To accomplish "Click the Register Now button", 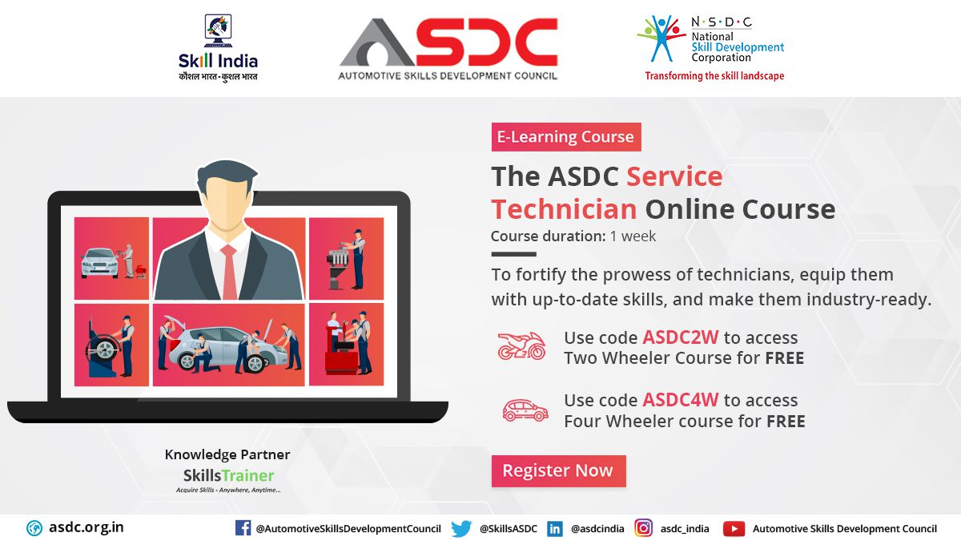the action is click(x=559, y=471).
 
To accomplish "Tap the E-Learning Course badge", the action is click(x=566, y=137).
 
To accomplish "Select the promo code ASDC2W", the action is click(x=681, y=337).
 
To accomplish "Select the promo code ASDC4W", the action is click(x=681, y=400).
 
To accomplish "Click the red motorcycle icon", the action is click(x=521, y=345).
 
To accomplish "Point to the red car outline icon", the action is click(x=525, y=410).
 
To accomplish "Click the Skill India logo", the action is click(x=218, y=47).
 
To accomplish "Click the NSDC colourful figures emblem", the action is click(x=661, y=38).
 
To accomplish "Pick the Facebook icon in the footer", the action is click(x=243, y=527).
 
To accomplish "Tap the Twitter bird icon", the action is click(x=461, y=528).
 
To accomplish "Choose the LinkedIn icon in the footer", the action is click(x=555, y=528).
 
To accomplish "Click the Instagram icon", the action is click(x=644, y=527).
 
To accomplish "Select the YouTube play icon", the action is click(x=734, y=528).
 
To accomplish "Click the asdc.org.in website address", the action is click(x=86, y=527).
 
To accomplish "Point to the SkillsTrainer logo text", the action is click(x=228, y=476).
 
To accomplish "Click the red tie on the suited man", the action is click(x=229, y=272).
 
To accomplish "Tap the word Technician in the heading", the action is click(x=564, y=209).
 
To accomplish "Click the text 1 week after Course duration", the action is click(x=633, y=236).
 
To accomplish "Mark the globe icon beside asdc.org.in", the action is click(x=34, y=528).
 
